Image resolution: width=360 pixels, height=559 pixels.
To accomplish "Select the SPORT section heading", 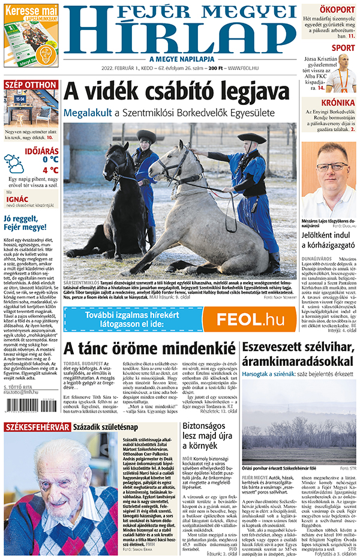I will [343, 48].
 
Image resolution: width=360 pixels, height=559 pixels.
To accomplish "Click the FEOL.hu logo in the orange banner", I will [250, 319].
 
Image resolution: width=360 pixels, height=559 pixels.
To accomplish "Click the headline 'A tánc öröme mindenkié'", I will [149, 348].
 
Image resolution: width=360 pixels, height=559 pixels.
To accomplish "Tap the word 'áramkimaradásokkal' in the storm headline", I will [297, 362].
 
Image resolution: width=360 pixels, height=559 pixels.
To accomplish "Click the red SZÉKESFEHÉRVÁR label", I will [36, 427].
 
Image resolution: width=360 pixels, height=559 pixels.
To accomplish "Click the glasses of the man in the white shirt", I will [332, 167].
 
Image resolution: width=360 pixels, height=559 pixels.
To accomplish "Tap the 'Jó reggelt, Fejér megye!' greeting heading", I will [25, 223].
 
